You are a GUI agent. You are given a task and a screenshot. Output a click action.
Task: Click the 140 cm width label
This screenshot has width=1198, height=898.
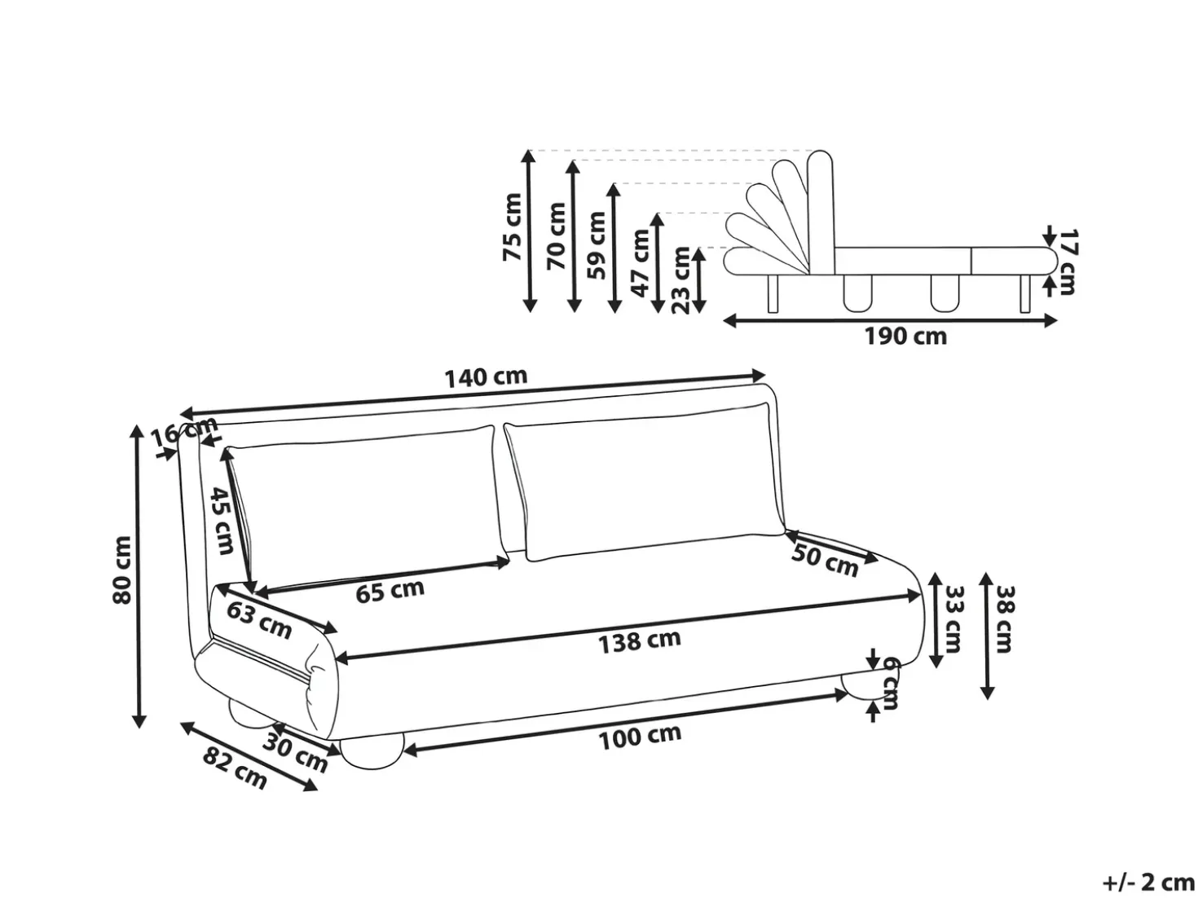coord(487,377)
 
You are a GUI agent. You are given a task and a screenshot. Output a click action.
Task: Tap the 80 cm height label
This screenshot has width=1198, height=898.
coord(122,570)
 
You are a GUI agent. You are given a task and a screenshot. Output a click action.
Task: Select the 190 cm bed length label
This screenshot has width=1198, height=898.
coord(905,336)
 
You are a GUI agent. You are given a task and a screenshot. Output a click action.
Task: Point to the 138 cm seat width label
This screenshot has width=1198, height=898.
coord(640,641)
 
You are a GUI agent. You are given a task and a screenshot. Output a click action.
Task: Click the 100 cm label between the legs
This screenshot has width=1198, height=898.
coord(641,738)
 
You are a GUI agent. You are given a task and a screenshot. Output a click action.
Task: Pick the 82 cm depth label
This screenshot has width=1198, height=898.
coord(236,768)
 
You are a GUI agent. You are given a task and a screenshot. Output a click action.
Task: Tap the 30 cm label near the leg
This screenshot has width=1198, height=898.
coord(295,753)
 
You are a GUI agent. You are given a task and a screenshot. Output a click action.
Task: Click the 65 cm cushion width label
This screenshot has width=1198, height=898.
coord(390,591)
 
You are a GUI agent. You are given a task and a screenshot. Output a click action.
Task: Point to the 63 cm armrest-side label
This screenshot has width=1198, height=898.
coord(258,620)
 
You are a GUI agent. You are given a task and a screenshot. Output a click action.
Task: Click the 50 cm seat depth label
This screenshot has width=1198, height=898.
coord(825,561)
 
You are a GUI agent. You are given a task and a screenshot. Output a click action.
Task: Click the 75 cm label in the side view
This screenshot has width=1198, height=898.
coord(512,227)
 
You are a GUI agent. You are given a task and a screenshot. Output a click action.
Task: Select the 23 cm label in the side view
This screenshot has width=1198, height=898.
coord(680,280)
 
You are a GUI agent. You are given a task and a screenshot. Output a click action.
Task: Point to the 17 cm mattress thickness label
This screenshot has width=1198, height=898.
coord(1068,262)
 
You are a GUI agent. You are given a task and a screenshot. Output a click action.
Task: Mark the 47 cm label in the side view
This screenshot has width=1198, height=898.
coord(641,263)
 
